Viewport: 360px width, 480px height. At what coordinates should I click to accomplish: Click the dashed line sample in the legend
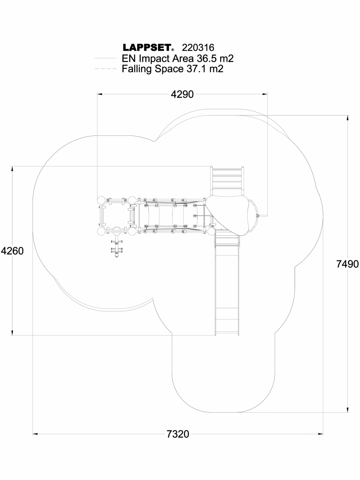pyautogui.click(x=106, y=69)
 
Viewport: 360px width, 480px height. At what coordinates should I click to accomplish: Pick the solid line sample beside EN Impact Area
pyautogui.click(x=106, y=59)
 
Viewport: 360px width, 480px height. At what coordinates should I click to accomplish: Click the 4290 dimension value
pyautogui.click(x=182, y=94)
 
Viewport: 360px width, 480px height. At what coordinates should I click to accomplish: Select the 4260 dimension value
pyautogui.click(x=12, y=251)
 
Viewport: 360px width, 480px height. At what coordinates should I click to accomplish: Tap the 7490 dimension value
pyautogui.click(x=347, y=264)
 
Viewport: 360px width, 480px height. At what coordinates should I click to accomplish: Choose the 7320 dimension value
pyautogui.click(x=178, y=434)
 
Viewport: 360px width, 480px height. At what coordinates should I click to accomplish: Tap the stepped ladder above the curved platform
pyautogui.click(x=227, y=178)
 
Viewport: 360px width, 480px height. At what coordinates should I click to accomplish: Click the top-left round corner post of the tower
pyautogui.click(x=101, y=200)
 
